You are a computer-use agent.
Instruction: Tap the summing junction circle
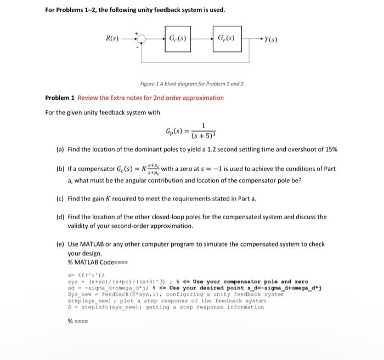coord(142,39)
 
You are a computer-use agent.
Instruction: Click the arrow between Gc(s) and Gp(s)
coord(201,39)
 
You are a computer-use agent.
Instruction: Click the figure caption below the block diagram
coord(191,84)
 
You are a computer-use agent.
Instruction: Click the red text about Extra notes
coord(151,98)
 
